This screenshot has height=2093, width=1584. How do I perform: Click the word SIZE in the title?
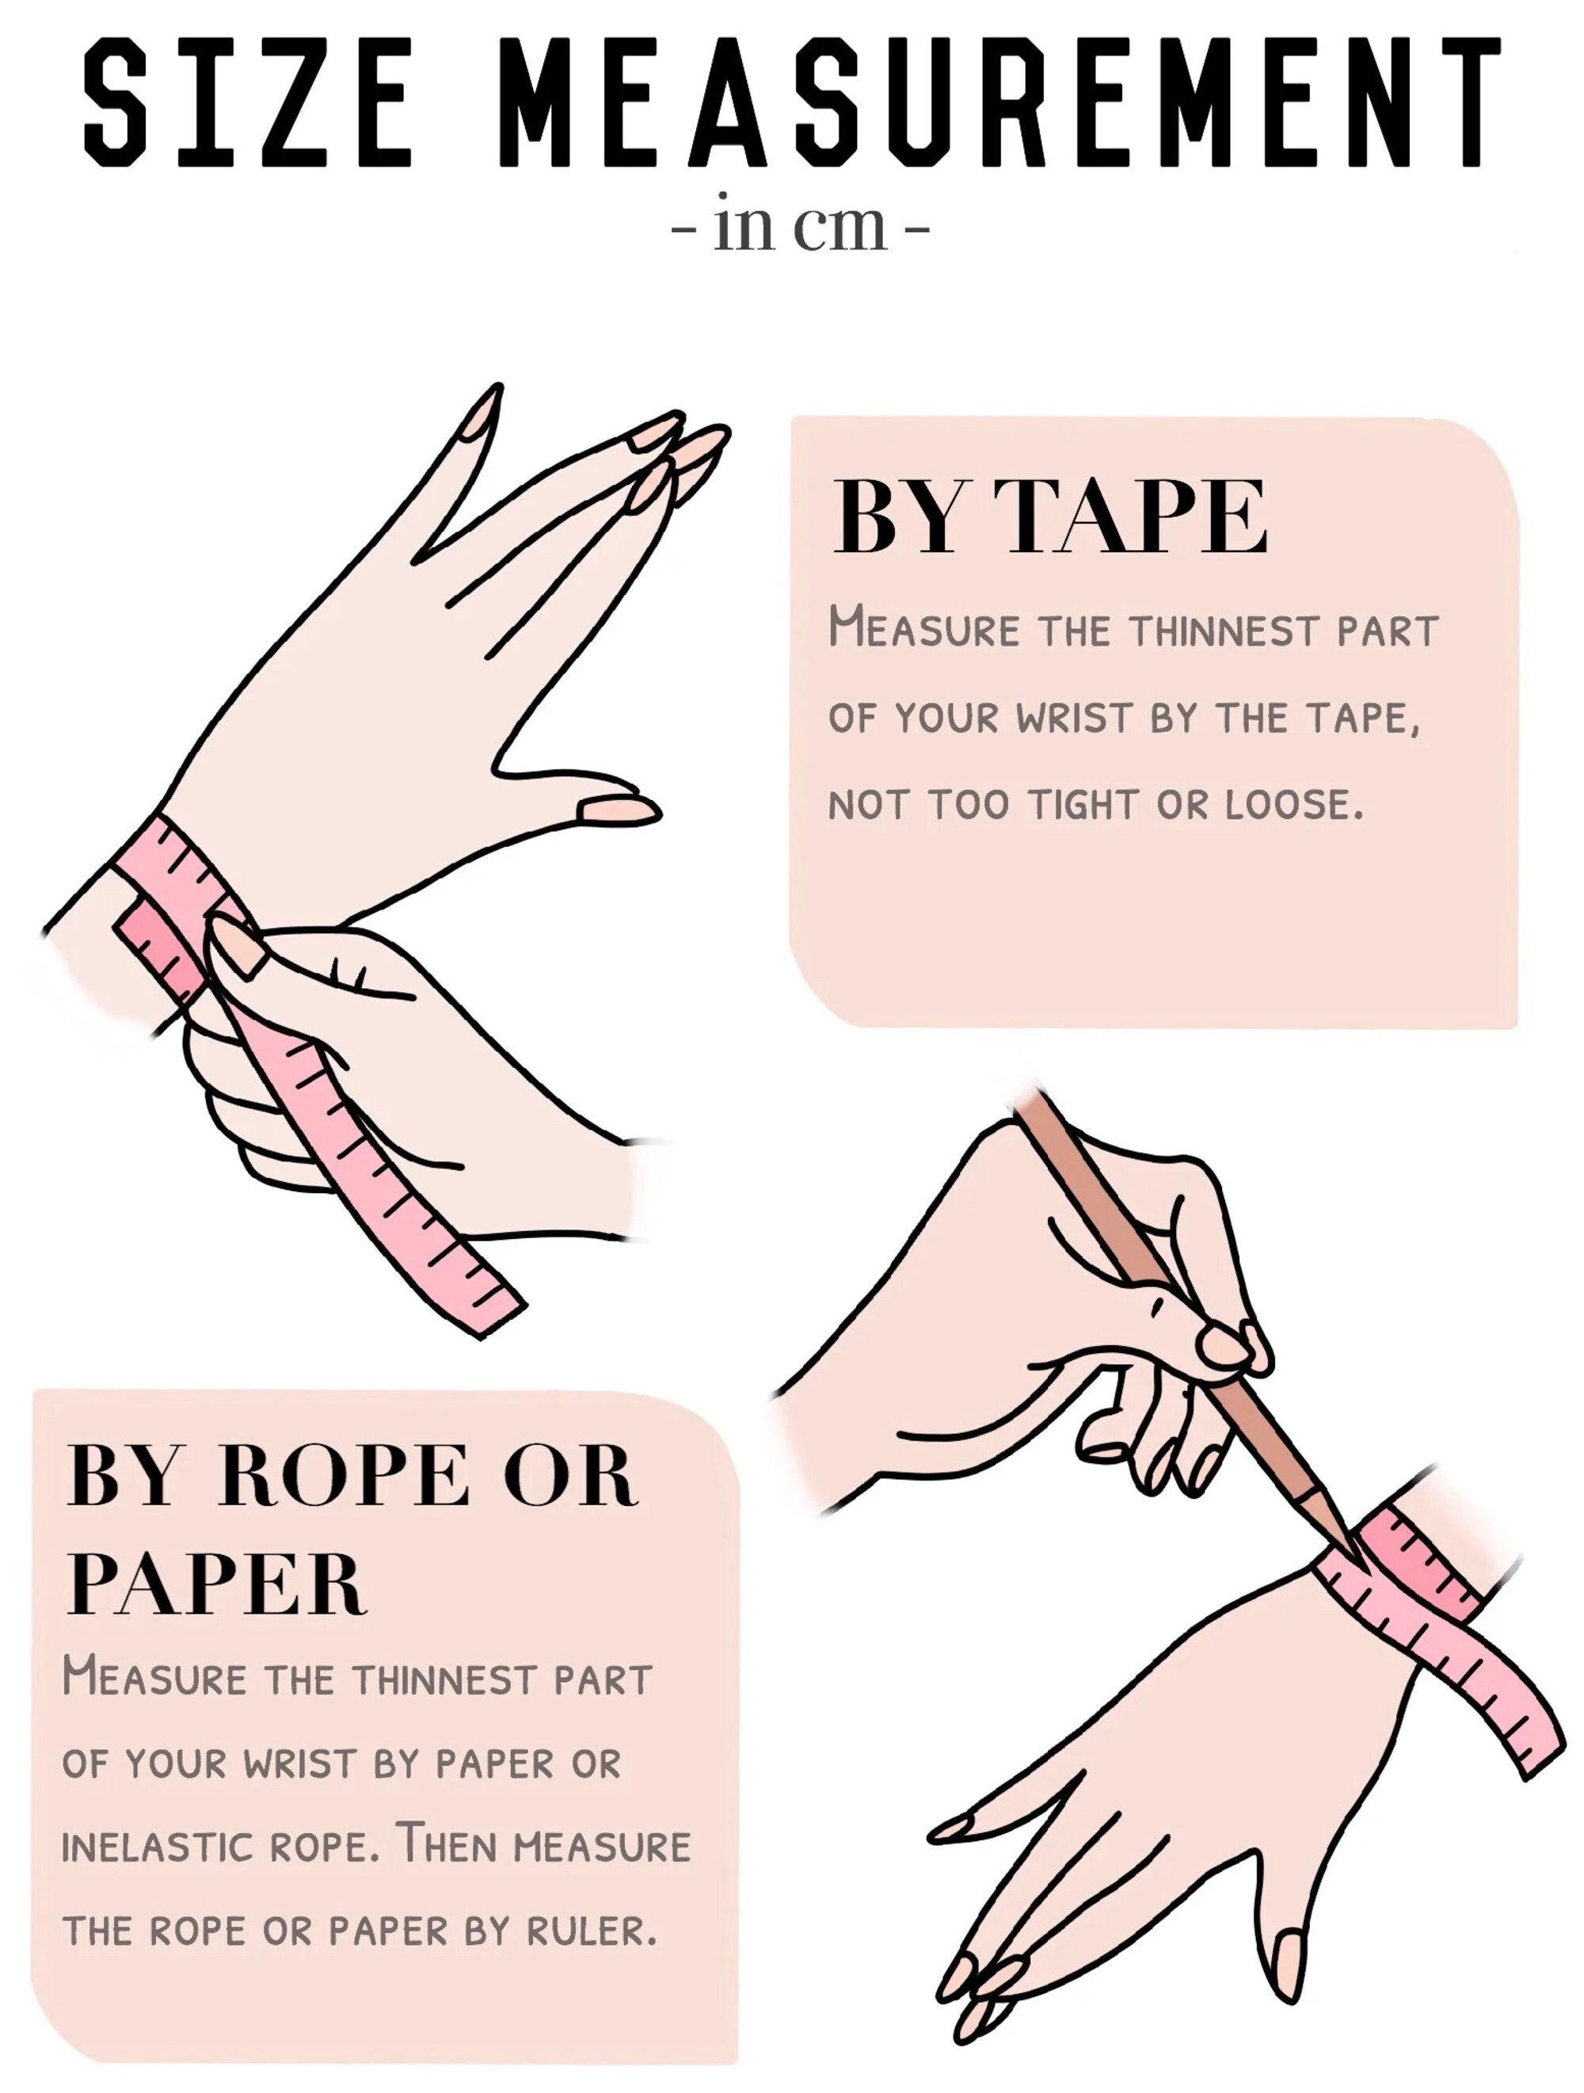[248, 102]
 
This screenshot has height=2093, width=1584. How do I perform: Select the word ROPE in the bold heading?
[342, 1475]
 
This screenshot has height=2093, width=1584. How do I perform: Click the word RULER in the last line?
[588, 1931]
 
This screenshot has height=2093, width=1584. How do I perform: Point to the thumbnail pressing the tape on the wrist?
[237, 948]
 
